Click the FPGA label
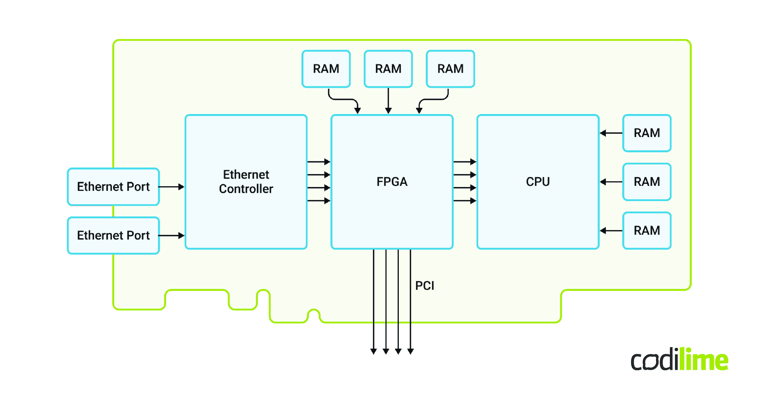click(392, 182)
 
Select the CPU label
click(538, 182)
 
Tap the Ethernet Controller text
click(246, 182)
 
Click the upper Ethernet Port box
click(113, 187)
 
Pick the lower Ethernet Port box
click(113, 235)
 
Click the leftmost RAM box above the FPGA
click(326, 69)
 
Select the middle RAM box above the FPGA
click(388, 69)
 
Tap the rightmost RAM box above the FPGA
click(450, 69)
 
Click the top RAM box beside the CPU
click(647, 133)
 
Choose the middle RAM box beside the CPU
click(647, 182)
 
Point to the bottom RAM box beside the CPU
click(647, 231)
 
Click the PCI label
click(425, 286)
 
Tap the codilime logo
click(679, 360)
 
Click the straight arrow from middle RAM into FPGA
click(388, 101)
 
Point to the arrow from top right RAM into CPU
click(611, 133)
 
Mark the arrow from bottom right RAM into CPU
click(611, 231)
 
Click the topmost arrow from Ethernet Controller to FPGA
click(319, 162)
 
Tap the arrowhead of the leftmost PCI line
click(373, 351)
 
